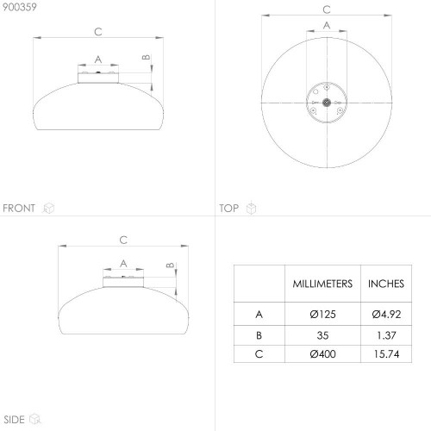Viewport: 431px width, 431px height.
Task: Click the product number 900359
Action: (20, 7)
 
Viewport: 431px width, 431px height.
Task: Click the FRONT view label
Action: (19, 208)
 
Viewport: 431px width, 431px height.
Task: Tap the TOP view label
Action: (229, 208)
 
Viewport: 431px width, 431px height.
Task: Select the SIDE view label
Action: (14, 420)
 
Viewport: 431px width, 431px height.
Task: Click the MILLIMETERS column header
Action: (322, 284)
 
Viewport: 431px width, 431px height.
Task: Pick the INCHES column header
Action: (386, 284)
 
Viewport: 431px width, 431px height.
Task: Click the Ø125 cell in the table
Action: (322, 315)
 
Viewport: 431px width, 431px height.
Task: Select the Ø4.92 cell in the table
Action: (386, 315)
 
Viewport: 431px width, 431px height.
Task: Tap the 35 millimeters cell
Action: (322, 335)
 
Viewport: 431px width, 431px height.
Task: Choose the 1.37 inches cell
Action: (386, 335)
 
